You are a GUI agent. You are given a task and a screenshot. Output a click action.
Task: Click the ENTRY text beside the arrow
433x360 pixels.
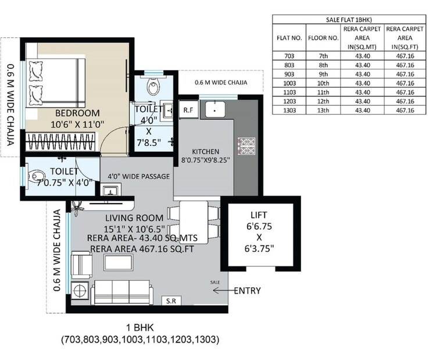(247, 291)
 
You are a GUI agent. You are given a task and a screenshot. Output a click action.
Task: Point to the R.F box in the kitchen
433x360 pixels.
(188, 109)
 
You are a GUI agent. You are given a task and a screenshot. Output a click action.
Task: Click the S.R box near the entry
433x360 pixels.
(171, 302)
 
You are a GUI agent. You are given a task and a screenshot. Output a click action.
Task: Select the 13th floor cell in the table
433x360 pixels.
(330, 110)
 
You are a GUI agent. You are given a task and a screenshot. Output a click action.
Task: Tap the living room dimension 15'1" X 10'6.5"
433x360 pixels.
(134, 229)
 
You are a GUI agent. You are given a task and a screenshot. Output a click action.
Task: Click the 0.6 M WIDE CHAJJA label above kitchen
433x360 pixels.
(221, 83)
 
